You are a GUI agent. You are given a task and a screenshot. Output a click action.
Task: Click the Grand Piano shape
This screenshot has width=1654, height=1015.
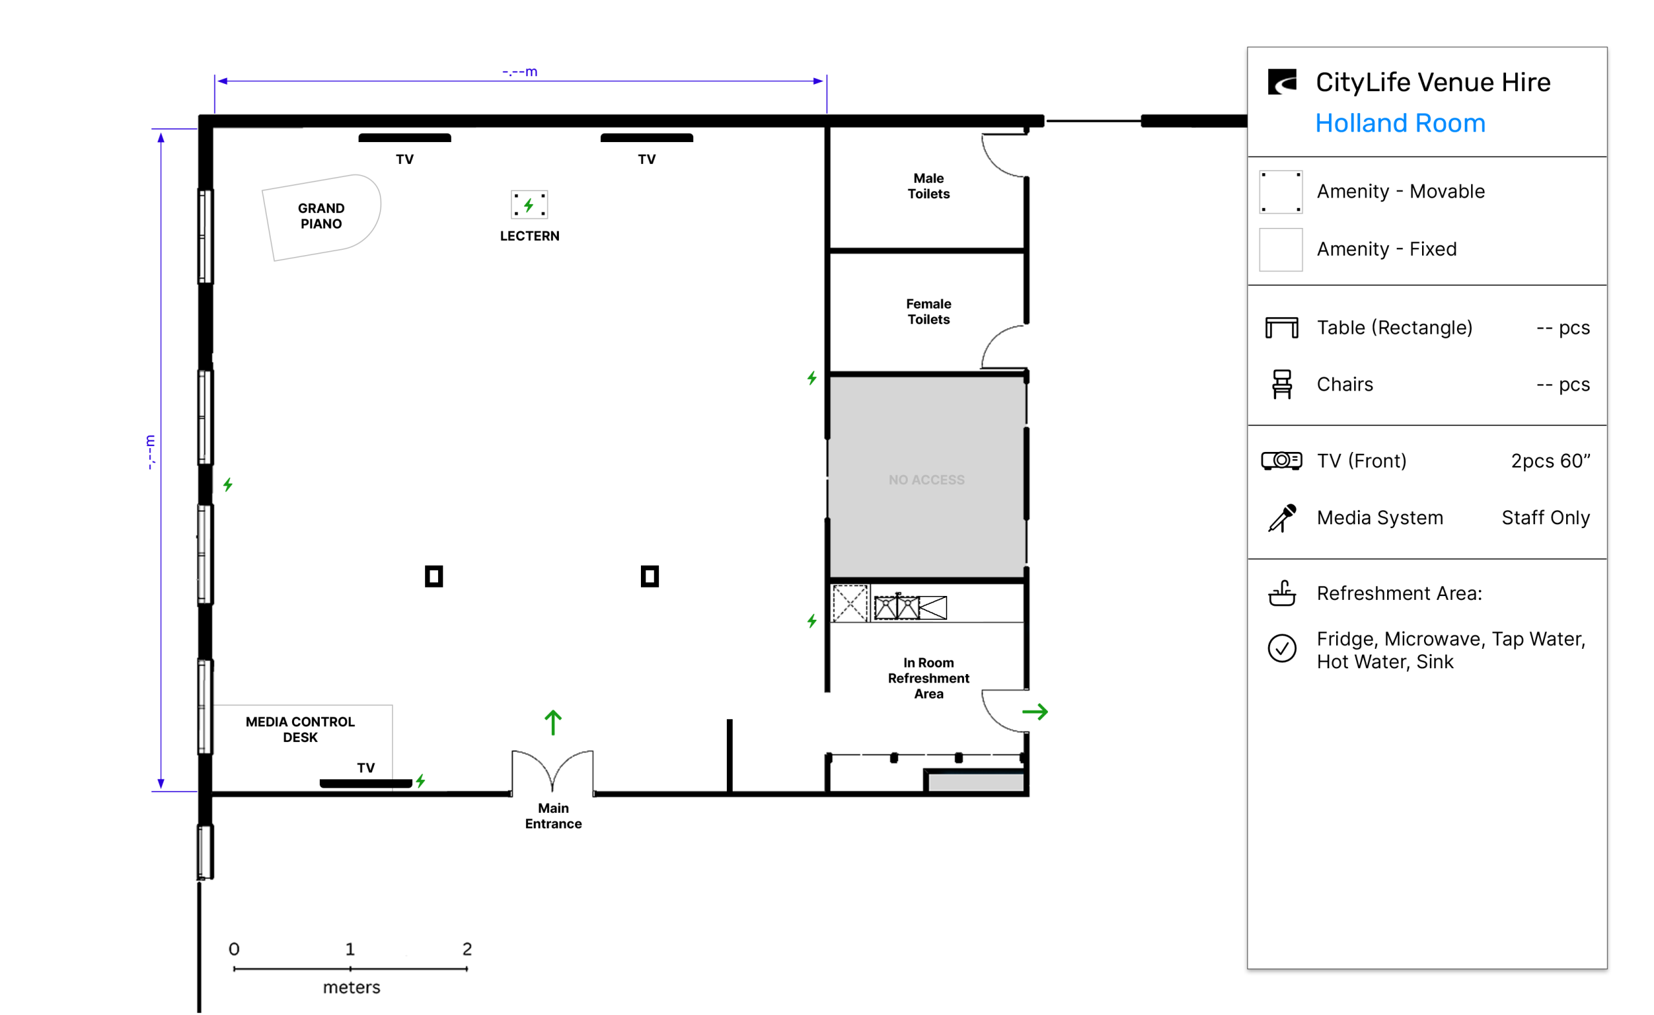321,217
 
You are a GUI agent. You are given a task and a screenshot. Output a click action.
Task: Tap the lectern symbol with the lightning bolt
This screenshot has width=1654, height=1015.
529,205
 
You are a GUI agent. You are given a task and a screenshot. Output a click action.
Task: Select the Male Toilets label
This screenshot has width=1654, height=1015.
928,186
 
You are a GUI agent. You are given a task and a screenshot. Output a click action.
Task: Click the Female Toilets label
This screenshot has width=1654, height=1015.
928,311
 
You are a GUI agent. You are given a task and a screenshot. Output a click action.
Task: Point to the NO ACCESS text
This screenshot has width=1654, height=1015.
926,479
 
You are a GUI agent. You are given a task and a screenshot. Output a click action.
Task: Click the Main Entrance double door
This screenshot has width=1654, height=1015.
552,772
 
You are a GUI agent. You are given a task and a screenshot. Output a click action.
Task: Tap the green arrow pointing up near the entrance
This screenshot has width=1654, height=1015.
552,723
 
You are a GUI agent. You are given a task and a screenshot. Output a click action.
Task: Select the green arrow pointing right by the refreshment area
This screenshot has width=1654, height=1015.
1034,712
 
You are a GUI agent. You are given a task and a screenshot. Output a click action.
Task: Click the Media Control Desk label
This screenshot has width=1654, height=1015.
300,729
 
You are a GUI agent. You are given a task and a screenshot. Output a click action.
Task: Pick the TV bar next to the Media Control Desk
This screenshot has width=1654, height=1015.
365,783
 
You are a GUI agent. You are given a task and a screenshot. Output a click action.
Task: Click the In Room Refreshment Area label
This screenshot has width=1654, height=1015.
928,678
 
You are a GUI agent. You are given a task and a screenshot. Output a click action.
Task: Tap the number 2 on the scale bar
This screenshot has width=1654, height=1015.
466,948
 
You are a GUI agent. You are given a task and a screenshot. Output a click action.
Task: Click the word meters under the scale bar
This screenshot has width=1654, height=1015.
351,987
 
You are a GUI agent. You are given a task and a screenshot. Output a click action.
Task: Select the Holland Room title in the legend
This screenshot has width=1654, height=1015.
1399,123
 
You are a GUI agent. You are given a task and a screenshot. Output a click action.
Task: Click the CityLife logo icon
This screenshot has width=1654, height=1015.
1281,82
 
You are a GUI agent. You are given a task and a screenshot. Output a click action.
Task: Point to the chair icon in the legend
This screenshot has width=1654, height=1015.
1281,384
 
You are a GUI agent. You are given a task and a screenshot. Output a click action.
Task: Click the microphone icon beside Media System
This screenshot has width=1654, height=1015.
1281,518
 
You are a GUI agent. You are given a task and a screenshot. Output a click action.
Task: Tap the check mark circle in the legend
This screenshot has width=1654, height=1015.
1281,648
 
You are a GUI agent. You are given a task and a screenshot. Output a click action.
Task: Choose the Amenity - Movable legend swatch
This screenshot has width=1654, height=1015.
1281,192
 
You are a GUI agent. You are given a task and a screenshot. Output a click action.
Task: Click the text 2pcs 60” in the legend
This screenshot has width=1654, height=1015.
1551,460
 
